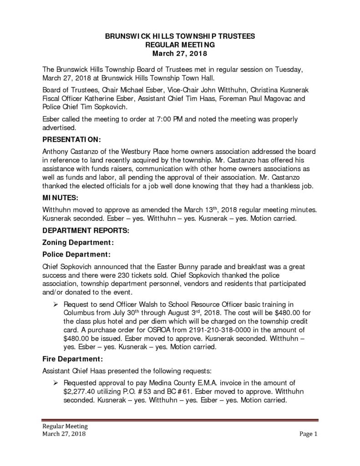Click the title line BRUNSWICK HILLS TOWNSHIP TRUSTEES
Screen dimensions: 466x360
click(180, 35)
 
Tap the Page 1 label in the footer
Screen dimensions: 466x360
click(308, 434)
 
